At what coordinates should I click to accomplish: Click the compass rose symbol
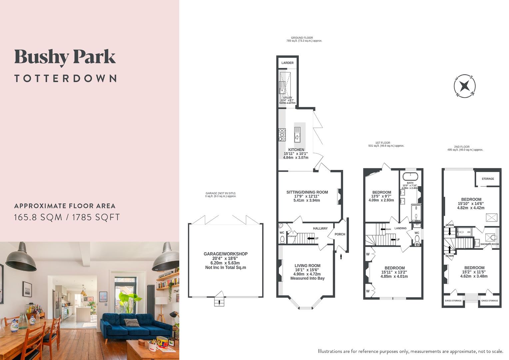[x=465, y=86]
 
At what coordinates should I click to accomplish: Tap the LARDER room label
[x=287, y=63]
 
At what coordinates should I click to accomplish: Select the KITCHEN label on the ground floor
[x=296, y=150]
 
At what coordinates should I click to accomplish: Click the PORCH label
[x=340, y=234]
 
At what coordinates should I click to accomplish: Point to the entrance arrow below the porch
[x=341, y=256]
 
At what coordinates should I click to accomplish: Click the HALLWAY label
[x=320, y=228]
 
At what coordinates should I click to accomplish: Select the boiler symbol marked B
[x=417, y=244]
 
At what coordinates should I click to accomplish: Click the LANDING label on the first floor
[x=400, y=228]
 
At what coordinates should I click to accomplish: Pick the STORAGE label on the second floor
[x=488, y=179]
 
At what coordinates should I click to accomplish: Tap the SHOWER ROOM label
[x=489, y=244]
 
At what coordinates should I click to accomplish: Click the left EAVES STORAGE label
[x=453, y=301]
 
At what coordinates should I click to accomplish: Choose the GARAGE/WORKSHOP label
[x=226, y=254]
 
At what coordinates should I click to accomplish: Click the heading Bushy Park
[x=65, y=57]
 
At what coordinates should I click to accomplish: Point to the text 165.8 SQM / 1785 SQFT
[x=67, y=217]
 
